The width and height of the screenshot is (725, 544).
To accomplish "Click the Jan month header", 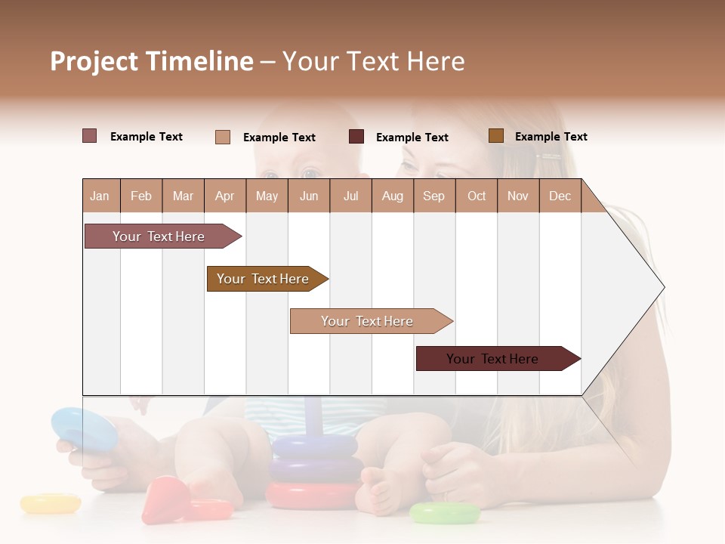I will click(x=100, y=196).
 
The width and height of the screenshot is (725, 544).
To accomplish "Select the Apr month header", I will click(x=224, y=196).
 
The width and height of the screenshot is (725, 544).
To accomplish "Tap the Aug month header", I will click(x=392, y=196).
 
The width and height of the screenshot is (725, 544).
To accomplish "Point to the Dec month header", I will click(x=560, y=196).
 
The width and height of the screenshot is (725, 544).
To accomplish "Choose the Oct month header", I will click(x=476, y=196).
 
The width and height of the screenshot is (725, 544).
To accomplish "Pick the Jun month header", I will click(x=308, y=196).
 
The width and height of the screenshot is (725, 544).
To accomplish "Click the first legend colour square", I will click(x=89, y=136).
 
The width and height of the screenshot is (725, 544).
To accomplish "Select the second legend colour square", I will click(x=222, y=137).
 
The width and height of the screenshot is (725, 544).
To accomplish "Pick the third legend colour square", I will click(x=356, y=137).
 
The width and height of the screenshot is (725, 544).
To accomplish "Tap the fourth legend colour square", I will click(x=495, y=136).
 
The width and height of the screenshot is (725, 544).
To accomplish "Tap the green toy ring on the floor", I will click(x=445, y=513).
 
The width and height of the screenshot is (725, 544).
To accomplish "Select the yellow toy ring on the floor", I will click(x=50, y=502).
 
